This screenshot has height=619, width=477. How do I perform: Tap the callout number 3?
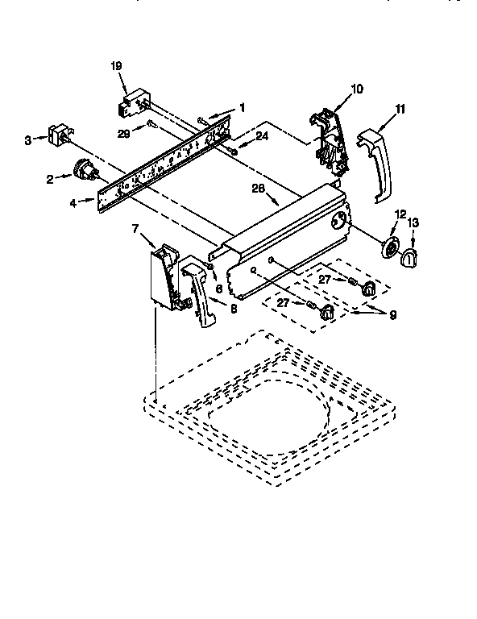(28, 139)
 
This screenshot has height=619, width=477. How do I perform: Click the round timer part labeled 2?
(83, 170)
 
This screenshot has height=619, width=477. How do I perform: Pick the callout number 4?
(73, 203)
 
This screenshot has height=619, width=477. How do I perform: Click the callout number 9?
(392, 316)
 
